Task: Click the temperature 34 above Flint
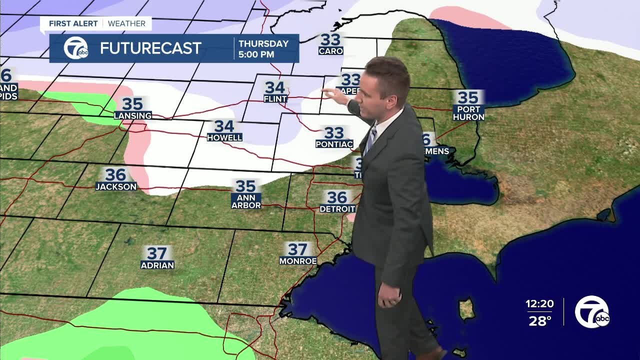274,87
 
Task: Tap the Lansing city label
132,115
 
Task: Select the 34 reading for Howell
224,126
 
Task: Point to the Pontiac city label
334,144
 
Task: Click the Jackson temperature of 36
115,174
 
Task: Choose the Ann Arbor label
246,201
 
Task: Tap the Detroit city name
337,208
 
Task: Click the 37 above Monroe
297,249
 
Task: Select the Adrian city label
157,265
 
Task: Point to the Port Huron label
468,113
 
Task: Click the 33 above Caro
330,39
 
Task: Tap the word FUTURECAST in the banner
150,48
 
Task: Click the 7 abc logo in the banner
75,48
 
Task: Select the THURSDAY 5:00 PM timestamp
263,48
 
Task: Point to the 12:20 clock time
539,303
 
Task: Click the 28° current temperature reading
540,320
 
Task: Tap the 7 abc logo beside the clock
592,311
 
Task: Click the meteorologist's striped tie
370,140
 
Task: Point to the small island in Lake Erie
467,308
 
